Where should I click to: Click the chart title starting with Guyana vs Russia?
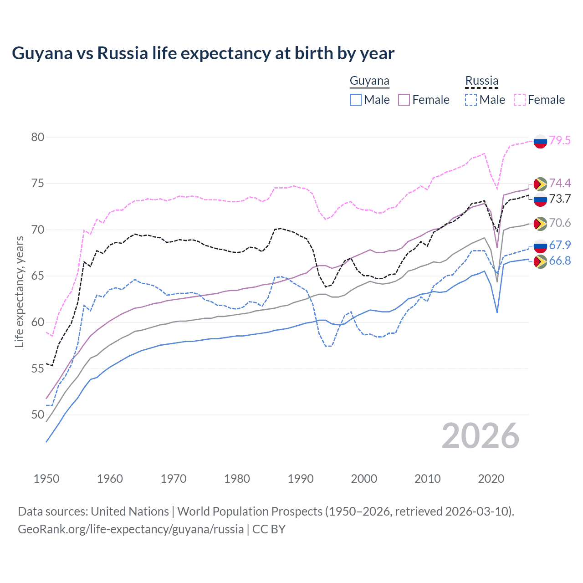[203, 53]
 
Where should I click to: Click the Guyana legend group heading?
[369, 81]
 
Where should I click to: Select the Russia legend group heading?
[481, 81]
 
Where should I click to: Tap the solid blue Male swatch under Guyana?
[356, 100]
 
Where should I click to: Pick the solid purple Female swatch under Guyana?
[404, 100]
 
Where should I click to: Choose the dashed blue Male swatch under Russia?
[471, 100]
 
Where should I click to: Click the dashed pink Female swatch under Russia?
[520, 100]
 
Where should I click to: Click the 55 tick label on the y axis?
[38, 368]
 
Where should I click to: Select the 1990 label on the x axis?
[301, 479]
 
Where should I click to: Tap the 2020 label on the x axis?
[491, 479]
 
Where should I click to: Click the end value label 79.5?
[560, 140]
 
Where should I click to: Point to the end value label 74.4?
[560, 183]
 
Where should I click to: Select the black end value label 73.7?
[560, 199]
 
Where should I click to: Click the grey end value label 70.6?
[560, 223]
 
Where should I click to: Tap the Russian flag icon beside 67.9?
[540, 246]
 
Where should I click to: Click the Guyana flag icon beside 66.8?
[540, 261]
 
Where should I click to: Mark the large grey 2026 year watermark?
[481, 436]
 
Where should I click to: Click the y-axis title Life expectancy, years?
[20, 291]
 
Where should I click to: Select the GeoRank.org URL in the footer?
[131, 529]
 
